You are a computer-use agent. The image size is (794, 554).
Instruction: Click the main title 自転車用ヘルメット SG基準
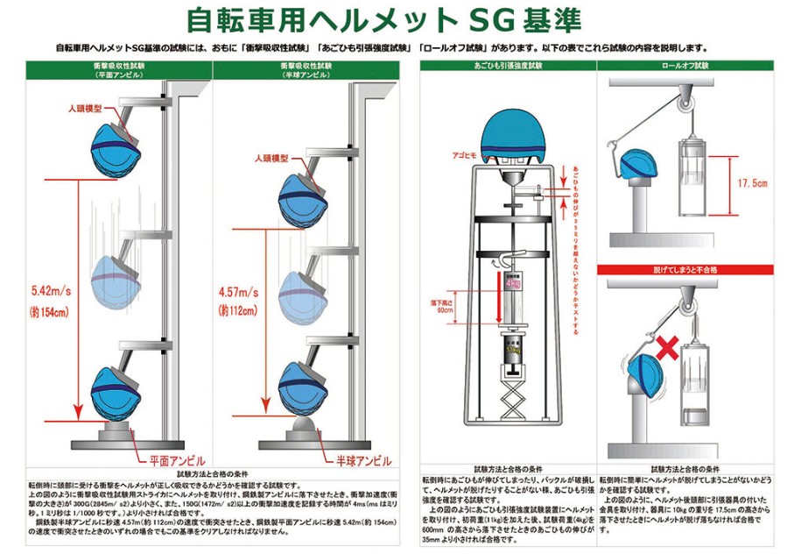tap(396, 19)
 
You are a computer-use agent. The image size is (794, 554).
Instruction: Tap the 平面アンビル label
tap(176, 458)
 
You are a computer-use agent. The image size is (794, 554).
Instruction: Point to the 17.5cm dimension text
tap(751, 184)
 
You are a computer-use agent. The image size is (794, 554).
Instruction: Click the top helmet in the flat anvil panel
tap(116, 146)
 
